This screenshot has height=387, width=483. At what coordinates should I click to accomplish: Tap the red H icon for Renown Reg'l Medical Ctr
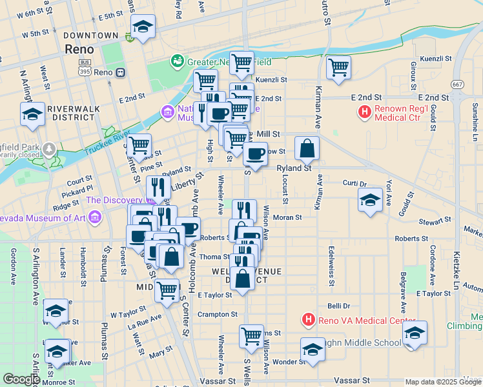(x=364, y=112)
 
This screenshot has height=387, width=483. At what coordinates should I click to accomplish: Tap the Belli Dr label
(x=338, y=306)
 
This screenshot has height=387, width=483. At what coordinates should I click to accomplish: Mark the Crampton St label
(x=218, y=314)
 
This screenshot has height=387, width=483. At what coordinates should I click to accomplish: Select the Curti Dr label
(x=355, y=184)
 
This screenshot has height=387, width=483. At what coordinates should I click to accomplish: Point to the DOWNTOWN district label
(x=90, y=35)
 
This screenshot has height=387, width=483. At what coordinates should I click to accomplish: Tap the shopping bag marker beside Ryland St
(x=308, y=149)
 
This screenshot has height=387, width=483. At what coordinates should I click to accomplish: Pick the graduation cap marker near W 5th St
(x=143, y=27)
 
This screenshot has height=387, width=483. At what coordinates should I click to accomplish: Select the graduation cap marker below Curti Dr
(x=370, y=199)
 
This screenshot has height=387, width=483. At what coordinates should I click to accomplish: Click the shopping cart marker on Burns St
(x=251, y=335)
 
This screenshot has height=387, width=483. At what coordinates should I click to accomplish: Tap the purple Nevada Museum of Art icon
(x=95, y=216)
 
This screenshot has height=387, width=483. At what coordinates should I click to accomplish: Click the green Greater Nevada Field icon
(x=176, y=61)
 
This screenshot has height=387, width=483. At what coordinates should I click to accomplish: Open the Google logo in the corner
(x=21, y=379)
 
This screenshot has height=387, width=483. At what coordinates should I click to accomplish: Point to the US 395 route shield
(x=84, y=72)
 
